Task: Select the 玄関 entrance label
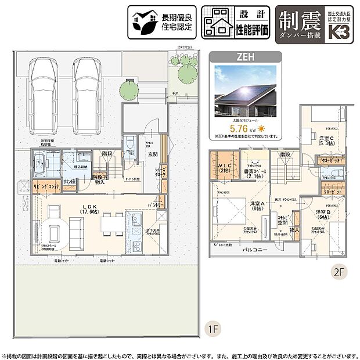click(x=153, y=154)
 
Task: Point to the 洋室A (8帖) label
click(x=257, y=206)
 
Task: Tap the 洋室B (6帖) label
click(x=323, y=215)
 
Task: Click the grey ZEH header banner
click(x=244, y=57)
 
